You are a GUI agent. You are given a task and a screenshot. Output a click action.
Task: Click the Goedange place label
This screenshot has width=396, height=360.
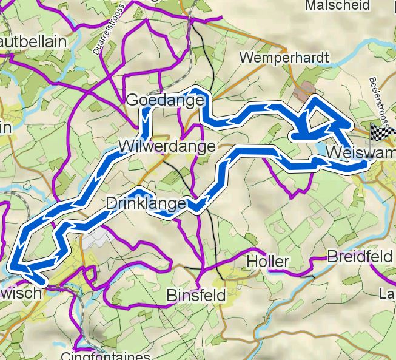pyautogui.click(x=164, y=100)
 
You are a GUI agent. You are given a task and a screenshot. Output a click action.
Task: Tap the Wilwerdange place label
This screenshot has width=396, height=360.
pyautogui.click(x=167, y=146)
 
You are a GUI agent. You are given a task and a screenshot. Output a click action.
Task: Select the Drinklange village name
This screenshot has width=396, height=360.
pyautogui.click(x=146, y=204)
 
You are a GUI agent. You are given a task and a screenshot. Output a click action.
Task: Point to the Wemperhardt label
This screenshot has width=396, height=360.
pyautogui.click(x=284, y=58)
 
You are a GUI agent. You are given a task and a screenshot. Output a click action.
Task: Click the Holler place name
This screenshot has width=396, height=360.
pyautogui.click(x=268, y=262)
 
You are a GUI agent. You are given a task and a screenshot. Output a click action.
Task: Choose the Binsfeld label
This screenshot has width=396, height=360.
pyautogui.click(x=196, y=296)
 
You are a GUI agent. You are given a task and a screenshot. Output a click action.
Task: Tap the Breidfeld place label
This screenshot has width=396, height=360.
pyautogui.click(x=360, y=257)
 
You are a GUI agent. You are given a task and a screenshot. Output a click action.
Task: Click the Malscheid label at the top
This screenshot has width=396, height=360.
pyautogui.click(x=338, y=5)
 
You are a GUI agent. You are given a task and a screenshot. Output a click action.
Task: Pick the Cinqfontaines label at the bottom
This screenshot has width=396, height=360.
pyautogui.click(x=106, y=355)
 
